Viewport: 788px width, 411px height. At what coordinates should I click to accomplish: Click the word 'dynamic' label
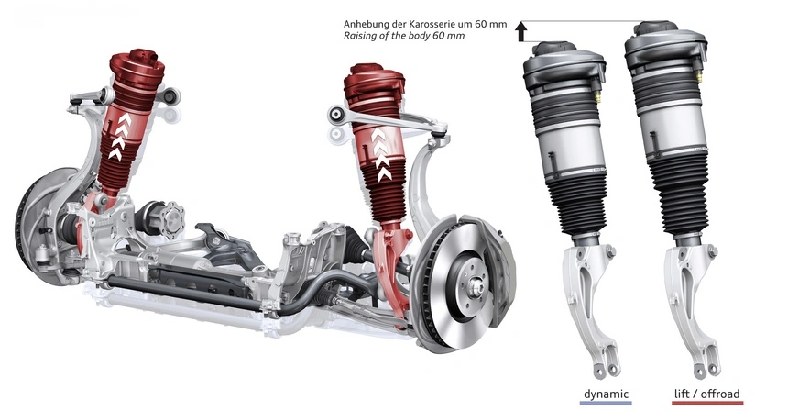(x=606, y=394)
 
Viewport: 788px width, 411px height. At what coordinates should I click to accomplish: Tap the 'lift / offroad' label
(x=706, y=394)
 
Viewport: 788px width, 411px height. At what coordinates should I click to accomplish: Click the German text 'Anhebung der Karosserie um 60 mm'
(x=425, y=24)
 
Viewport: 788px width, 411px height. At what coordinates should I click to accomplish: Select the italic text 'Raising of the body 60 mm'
(x=404, y=36)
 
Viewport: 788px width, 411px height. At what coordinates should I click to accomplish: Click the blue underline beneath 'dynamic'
(x=606, y=403)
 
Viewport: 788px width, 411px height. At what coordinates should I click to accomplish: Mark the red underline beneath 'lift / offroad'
(x=707, y=403)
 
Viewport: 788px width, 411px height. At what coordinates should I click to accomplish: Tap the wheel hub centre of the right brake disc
(x=475, y=288)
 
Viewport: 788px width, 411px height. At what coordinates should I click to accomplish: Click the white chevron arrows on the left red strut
(x=121, y=137)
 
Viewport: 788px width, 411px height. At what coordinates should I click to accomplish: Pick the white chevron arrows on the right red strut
(x=381, y=154)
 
